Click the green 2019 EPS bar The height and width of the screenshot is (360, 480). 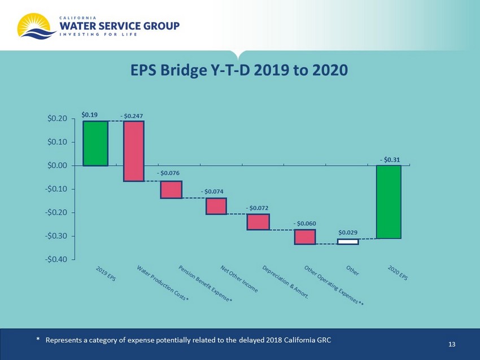click(95, 143)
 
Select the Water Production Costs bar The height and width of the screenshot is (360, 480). click(134, 151)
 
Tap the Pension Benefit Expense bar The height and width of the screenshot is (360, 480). click(171, 190)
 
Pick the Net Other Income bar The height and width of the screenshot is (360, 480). click(216, 206)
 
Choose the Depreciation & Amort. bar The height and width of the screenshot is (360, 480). click(258, 222)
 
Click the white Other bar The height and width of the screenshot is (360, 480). click(348, 242)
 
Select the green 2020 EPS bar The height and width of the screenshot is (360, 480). click(389, 201)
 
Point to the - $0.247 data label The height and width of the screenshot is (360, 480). click(132, 116)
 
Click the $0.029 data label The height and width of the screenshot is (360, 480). click(348, 232)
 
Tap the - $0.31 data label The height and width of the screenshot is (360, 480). click(389, 160)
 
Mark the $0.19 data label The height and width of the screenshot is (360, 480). click(89, 115)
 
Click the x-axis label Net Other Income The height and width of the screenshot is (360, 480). click(239, 279)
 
